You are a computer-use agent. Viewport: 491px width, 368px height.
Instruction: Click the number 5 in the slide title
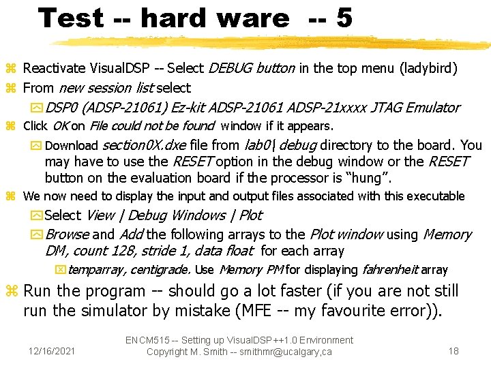(344, 18)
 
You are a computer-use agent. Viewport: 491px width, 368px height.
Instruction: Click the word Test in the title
(70, 18)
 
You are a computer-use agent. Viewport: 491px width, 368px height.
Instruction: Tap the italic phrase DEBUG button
(252, 68)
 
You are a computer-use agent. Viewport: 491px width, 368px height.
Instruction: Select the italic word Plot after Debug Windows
(250, 215)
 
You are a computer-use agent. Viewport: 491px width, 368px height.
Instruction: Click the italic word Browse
(67, 234)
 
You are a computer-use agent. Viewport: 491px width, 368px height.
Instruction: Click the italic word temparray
(95, 270)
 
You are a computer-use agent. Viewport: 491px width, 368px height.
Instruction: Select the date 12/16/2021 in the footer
(52, 351)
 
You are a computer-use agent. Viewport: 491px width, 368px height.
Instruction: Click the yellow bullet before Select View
(37, 216)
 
